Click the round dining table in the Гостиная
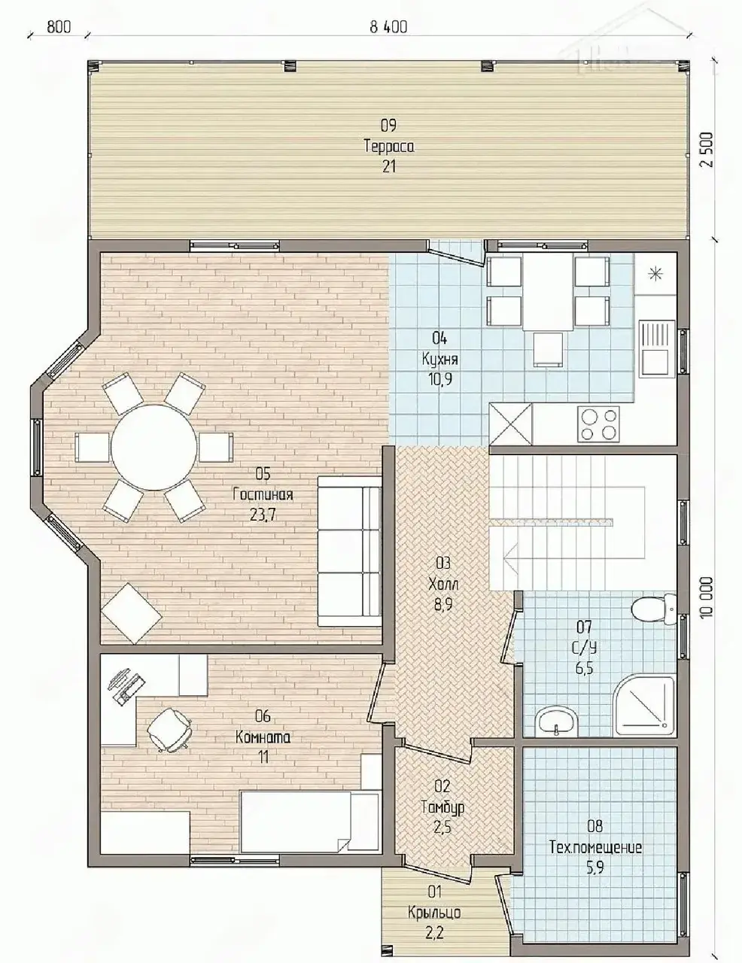click(154, 447)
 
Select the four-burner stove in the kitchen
click(598, 424)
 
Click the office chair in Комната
click(169, 731)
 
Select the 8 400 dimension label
click(388, 28)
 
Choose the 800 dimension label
click(59, 28)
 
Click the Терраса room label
click(389, 146)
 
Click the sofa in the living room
click(350, 551)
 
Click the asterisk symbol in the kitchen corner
click(654, 275)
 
